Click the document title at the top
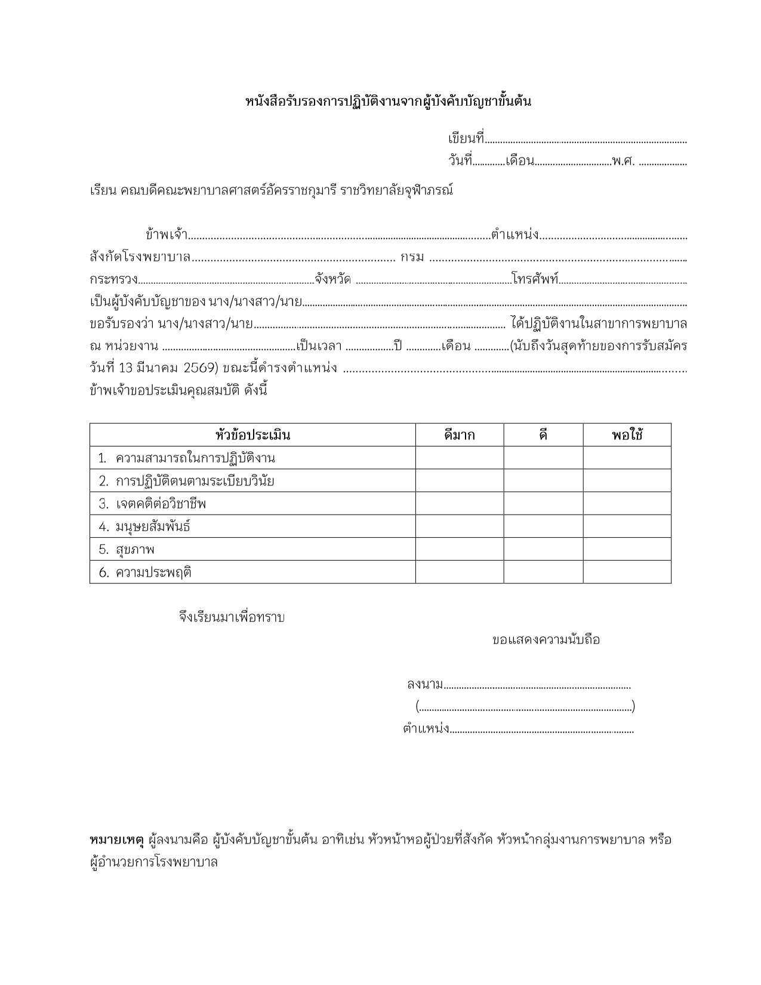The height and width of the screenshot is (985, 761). tap(388, 101)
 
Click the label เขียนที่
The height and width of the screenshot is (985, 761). tap(466, 139)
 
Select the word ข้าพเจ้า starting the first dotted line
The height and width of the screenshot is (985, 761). tap(167, 235)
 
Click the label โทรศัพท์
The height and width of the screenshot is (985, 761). tap(535, 279)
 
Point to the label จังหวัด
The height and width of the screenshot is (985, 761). tap(333, 279)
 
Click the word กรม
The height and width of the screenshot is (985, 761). tap(412, 257)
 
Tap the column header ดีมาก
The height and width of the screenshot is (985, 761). tap(459, 435)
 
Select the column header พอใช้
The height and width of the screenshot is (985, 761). tap(627, 435)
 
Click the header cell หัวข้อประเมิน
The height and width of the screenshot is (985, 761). tap(252, 435)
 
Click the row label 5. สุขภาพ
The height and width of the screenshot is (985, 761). tap(127, 549)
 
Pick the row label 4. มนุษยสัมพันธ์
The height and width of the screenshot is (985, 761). tap(145, 527)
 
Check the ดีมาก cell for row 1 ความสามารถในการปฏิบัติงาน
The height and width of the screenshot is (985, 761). tap(459, 458)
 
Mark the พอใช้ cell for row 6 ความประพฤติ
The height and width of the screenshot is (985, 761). tap(627, 572)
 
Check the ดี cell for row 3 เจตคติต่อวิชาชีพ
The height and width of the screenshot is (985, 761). tap(543, 503)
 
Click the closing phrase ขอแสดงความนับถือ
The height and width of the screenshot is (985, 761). tap(546, 640)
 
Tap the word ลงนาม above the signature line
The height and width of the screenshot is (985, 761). tap(425, 684)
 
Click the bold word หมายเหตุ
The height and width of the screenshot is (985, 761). tap(116, 840)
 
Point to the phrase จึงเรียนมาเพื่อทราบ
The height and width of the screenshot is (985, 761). tap(232, 617)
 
